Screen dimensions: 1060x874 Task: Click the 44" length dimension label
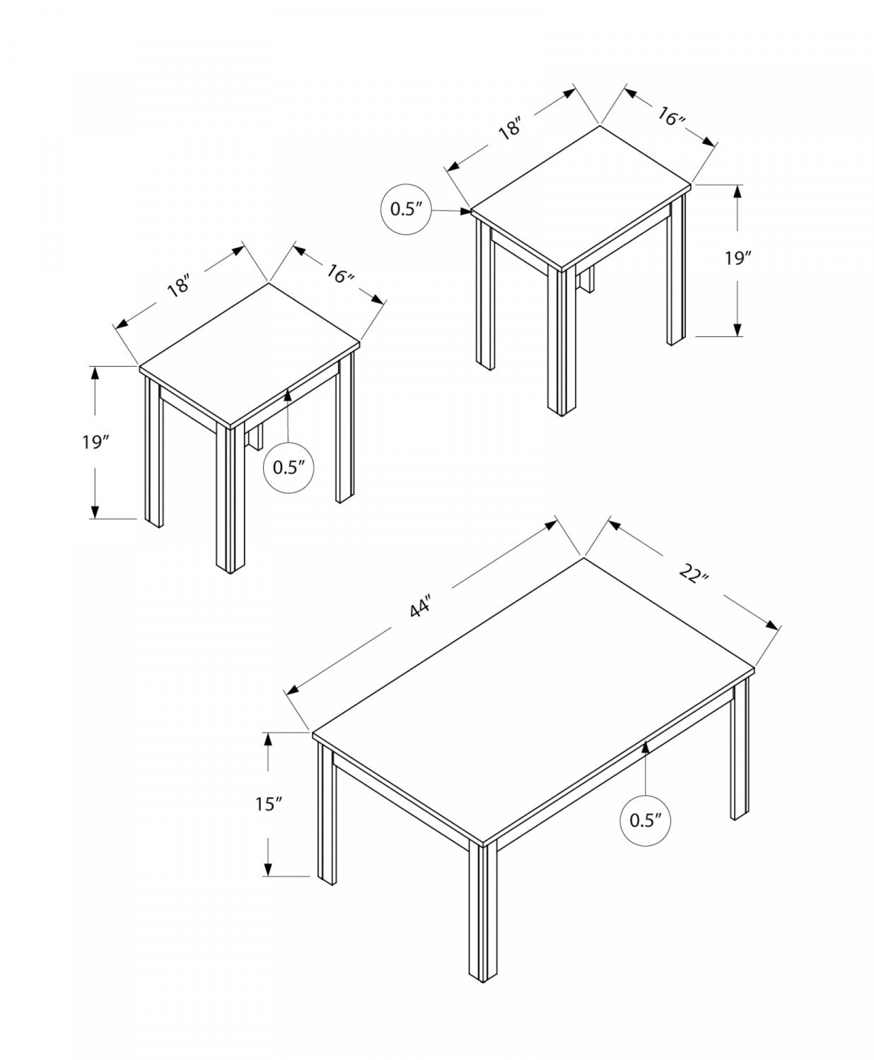[421, 606]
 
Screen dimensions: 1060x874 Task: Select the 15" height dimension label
[269, 804]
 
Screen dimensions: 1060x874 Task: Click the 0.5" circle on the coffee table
[645, 820]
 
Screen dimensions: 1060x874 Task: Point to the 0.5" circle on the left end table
[288, 467]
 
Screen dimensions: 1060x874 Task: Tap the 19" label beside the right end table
[736, 259]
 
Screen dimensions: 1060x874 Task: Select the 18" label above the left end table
[180, 285]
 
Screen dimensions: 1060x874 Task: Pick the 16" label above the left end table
[340, 274]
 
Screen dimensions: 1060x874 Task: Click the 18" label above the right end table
[511, 129]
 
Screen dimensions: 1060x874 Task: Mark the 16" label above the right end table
[671, 117]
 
